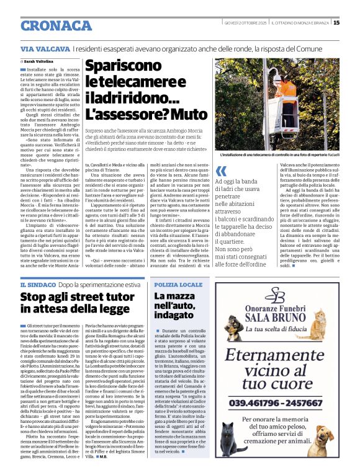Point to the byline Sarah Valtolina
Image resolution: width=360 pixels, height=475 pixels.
(x=43, y=62)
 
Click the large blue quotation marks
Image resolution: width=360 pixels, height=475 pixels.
(x=221, y=171)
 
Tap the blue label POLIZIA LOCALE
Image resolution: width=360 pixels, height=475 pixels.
(x=178, y=284)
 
